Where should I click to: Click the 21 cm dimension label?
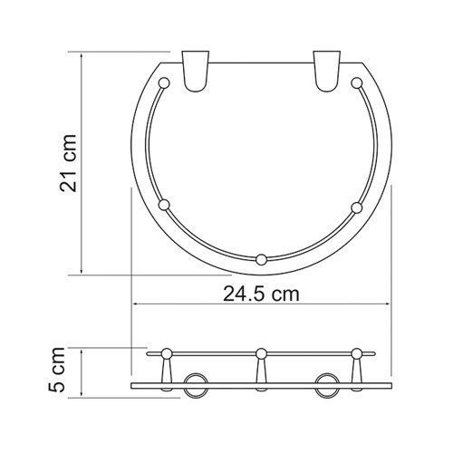(x=68, y=163)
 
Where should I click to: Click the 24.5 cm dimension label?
(x=261, y=294)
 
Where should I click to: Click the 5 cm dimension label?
(x=57, y=370)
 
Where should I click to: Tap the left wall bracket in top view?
(x=196, y=72)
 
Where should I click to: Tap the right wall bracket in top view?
(x=326, y=72)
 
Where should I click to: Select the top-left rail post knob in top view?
(x=164, y=83)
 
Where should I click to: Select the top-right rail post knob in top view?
(x=357, y=83)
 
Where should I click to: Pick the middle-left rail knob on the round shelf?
(x=164, y=205)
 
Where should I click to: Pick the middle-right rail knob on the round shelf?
(x=357, y=207)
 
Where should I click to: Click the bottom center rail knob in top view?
(x=261, y=260)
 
